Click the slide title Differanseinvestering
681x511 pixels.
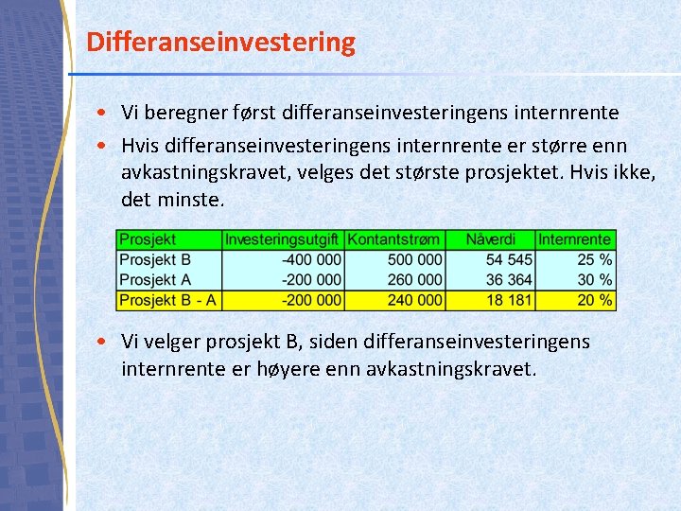tap(220, 43)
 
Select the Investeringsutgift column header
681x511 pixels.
tap(283, 239)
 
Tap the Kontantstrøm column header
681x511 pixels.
tap(393, 239)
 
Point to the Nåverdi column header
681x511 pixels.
tap(490, 239)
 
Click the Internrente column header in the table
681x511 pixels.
tap(574, 239)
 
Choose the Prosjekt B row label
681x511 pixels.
tap(155, 259)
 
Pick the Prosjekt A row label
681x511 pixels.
tap(155, 280)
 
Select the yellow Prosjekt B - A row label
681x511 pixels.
tap(168, 300)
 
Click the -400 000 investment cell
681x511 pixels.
tap(311, 259)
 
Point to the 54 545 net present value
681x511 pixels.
tap(508, 259)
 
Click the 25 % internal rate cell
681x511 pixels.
tap(595, 259)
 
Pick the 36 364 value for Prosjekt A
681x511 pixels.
tap(508, 280)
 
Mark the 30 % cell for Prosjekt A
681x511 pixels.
tap(595, 280)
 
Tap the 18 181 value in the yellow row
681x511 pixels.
tap(508, 300)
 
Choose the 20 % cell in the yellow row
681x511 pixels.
tap(595, 300)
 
